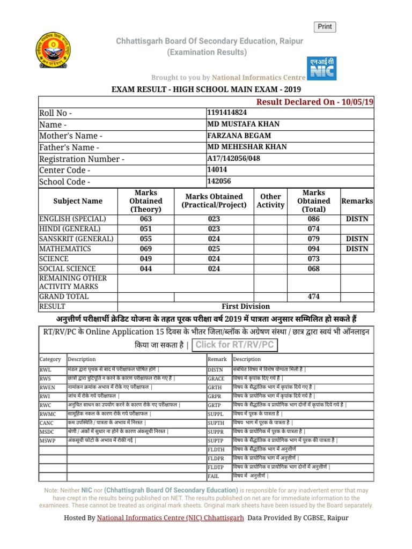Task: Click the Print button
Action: point(325,27)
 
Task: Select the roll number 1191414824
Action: point(227,113)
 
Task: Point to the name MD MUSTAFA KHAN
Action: point(243,124)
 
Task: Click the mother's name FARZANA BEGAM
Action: point(239,136)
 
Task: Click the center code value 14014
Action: point(217,170)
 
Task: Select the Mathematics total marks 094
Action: point(313,249)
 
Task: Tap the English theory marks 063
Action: point(145,219)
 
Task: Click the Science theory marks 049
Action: point(145,259)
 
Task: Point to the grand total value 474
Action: point(313,296)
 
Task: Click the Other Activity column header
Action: point(270,201)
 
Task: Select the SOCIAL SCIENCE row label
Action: point(68,269)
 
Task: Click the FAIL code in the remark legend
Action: point(214,476)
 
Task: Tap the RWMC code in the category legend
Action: point(48,414)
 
